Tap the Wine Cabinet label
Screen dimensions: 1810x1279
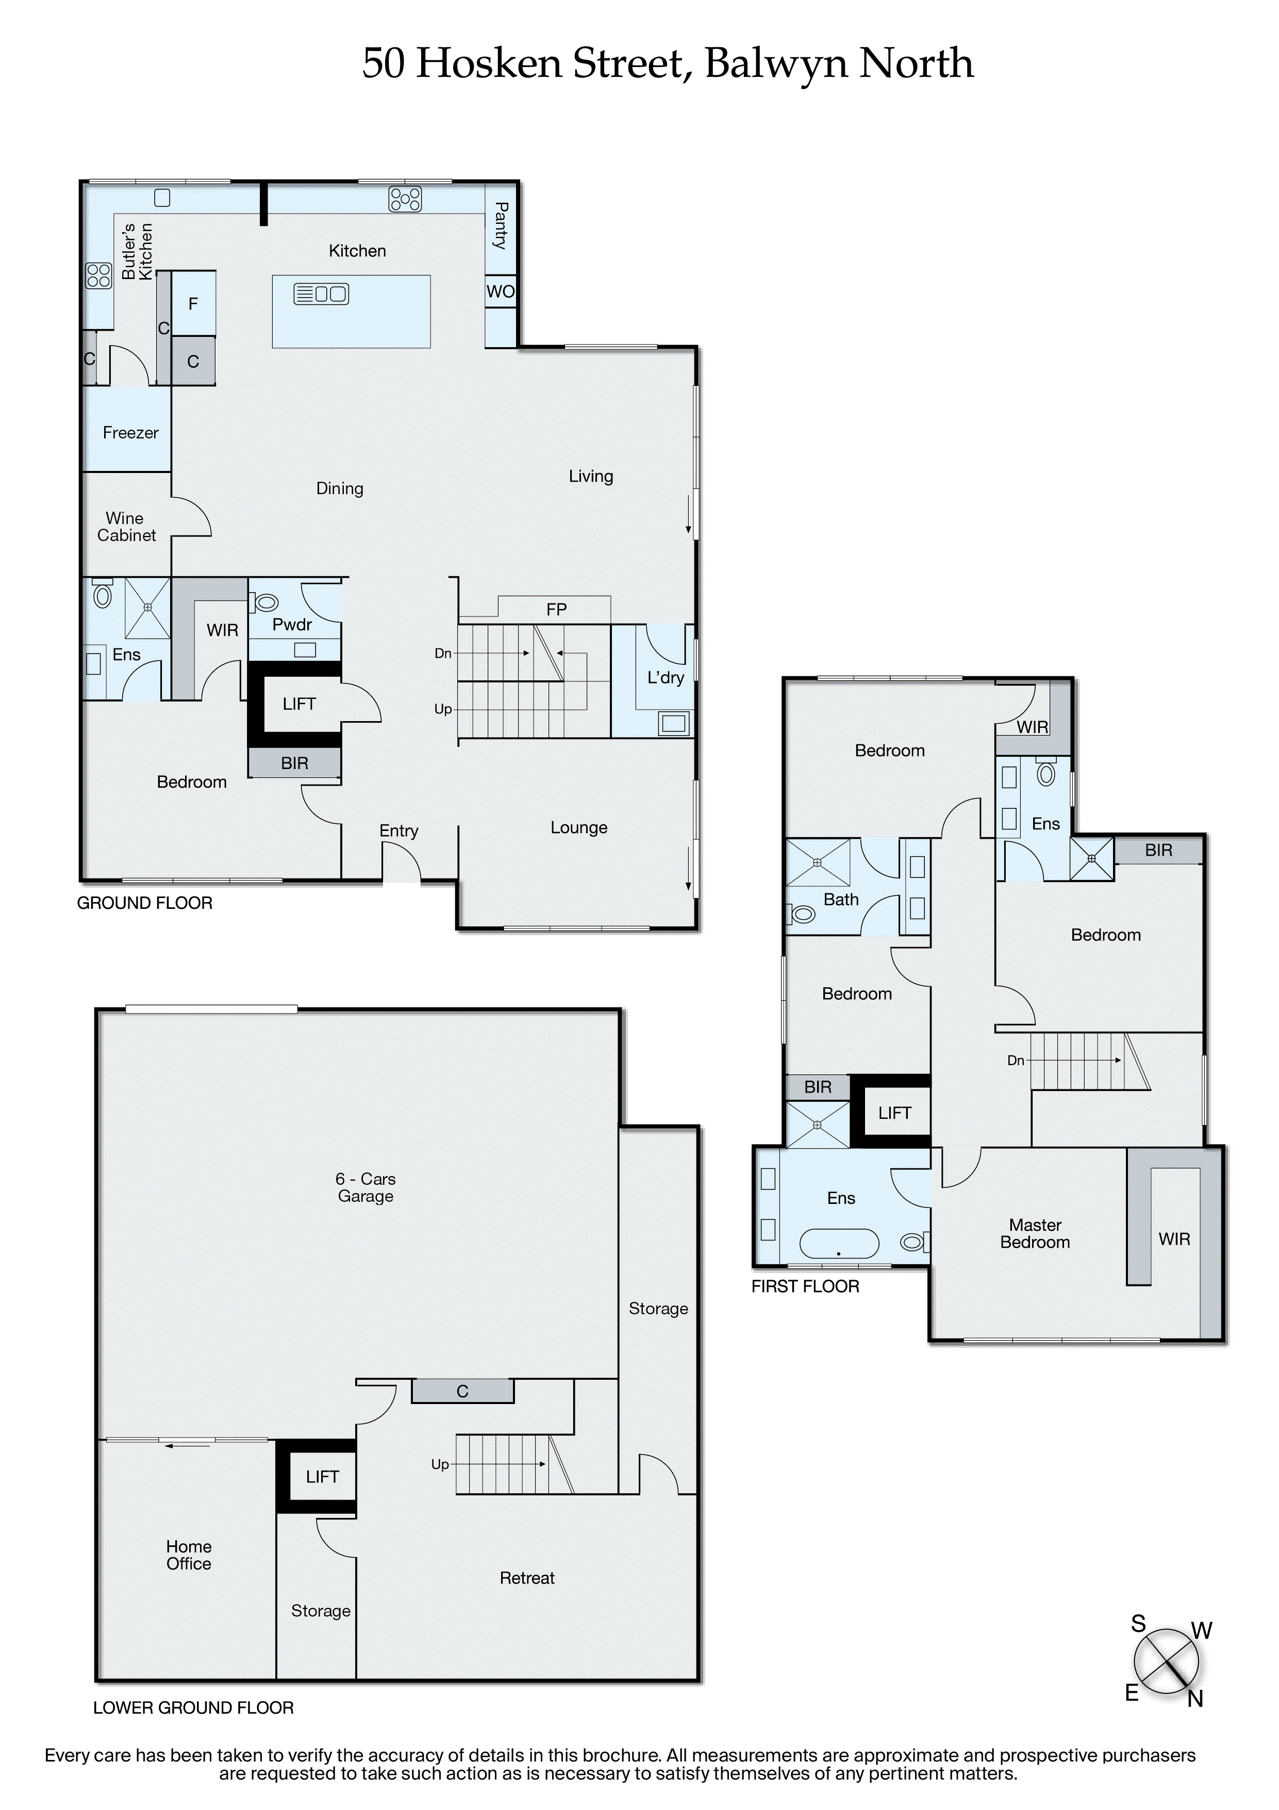click(x=126, y=527)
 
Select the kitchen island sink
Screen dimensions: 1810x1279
click(x=321, y=294)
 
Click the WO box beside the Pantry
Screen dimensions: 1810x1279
click(x=501, y=291)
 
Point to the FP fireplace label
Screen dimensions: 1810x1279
click(x=556, y=609)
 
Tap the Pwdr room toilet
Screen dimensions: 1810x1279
click(x=265, y=602)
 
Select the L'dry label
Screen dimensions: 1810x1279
click(x=665, y=677)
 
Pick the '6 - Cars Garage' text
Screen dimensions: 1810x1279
click(x=365, y=1187)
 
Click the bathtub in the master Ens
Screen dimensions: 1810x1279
click(x=838, y=1243)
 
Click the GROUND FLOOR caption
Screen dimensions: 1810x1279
click(x=144, y=903)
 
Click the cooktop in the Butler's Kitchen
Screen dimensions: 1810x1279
click(x=98, y=275)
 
